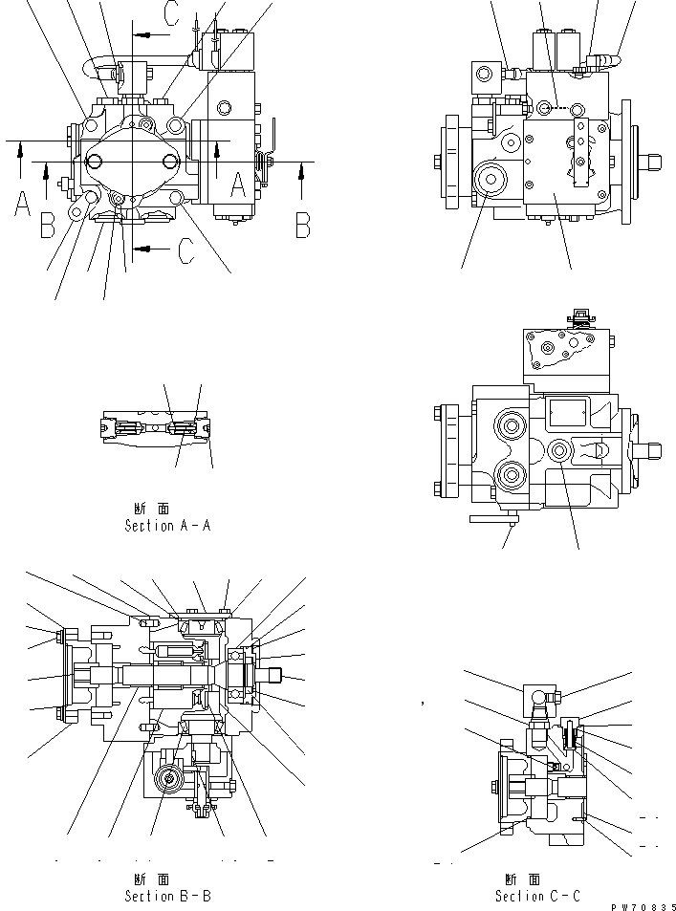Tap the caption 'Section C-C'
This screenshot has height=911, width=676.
point(536,896)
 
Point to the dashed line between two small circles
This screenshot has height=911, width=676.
point(558,108)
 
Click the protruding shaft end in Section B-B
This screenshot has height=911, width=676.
point(273,675)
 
